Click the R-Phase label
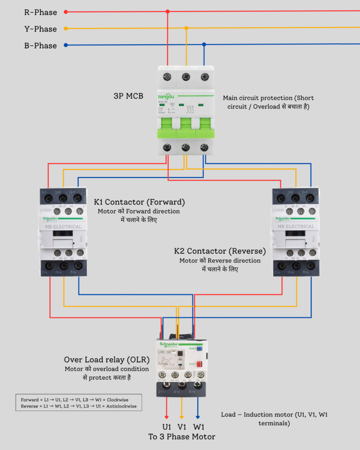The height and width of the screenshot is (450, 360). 40,12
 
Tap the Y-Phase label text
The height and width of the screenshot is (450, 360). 40,29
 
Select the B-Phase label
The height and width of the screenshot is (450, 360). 40,46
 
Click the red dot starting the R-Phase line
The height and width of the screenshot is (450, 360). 65,12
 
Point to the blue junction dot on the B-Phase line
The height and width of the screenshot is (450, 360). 204,44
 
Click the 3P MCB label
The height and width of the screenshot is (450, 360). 128,95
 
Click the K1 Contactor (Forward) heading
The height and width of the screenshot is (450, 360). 139,202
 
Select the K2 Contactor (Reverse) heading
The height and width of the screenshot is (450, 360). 220,251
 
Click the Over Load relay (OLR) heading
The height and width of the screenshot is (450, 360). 106,360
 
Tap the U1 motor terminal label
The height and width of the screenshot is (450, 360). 167,427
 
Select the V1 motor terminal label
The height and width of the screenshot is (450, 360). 182,427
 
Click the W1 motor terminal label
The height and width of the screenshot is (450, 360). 198,427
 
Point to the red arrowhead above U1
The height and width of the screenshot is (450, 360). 167,416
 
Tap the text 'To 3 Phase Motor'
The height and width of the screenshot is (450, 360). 182,436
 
